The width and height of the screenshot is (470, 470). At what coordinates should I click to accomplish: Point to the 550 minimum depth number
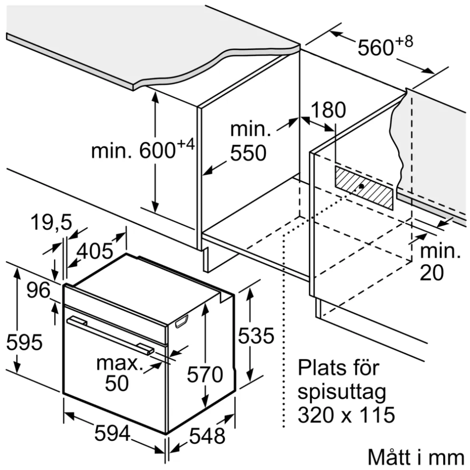pyautogui.click(x=248, y=153)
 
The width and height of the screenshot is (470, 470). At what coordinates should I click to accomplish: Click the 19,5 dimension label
pyautogui.click(x=52, y=222)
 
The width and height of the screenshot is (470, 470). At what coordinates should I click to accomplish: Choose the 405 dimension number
pyautogui.click(x=95, y=251)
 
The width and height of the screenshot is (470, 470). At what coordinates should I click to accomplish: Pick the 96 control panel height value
pyautogui.click(x=38, y=290)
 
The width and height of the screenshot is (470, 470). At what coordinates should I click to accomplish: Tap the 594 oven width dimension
pyautogui.click(x=113, y=433)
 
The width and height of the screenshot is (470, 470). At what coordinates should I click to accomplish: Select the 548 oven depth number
pyautogui.click(x=207, y=436)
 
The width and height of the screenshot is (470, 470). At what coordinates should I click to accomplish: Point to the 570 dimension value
pyautogui.click(x=205, y=374)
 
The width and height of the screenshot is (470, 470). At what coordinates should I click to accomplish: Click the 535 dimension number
pyautogui.click(x=256, y=335)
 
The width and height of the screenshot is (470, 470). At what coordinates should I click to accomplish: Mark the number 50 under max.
pyautogui.click(x=117, y=383)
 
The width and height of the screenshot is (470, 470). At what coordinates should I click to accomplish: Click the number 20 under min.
pyautogui.click(x=431, y=273)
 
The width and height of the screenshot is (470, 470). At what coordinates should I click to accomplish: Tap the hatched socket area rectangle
pyautogui.click(x=364, y=188)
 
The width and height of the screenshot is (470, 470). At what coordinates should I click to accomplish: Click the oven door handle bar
pyautogui.click(x=110, y=335)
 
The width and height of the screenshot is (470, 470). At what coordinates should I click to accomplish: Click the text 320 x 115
pyautogui.click(x=346, y=415)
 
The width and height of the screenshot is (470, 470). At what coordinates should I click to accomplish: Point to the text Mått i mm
pyautogui.click(x=416, y=457)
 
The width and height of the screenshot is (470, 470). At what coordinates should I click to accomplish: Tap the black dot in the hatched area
pyautogui.click(x=361, y=186)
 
